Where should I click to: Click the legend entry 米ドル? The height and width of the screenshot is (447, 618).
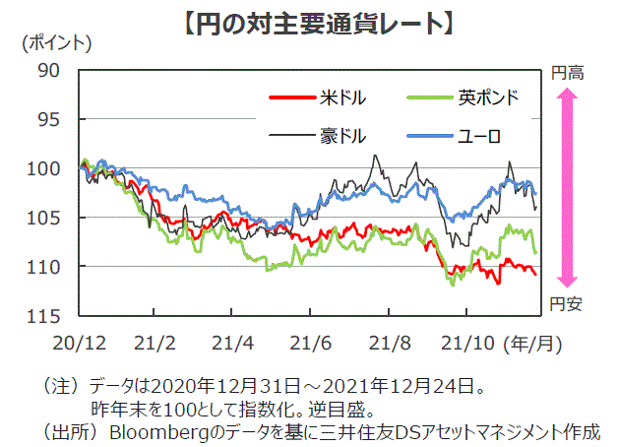point(341,97)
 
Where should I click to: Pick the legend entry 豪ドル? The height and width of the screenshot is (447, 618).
point(341,134)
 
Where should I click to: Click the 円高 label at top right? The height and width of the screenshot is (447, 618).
point(567,72)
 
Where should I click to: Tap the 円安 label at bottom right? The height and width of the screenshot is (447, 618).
point(567,303)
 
